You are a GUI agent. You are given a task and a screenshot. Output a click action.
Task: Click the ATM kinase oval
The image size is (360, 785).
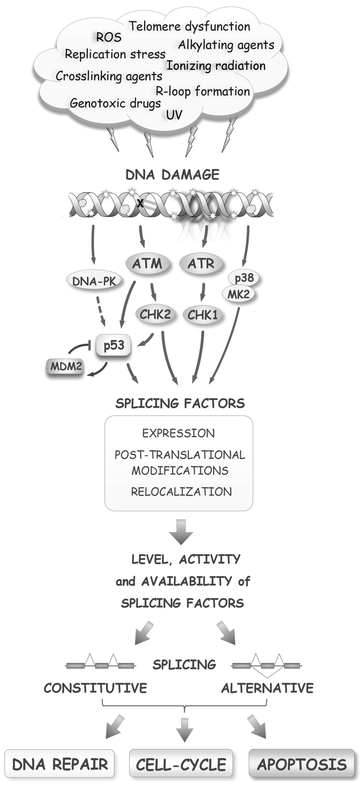[147, 264]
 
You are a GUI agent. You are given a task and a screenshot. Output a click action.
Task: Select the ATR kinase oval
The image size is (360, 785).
[201, 264]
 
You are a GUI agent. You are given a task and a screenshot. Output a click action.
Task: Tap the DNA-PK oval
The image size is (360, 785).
[94, 281]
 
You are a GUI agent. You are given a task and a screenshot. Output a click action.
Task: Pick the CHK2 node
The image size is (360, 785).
[155, 314]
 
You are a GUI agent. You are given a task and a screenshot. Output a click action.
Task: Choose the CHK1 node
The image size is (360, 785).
[202, 315]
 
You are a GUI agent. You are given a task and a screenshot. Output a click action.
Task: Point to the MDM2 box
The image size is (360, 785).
[66, 366]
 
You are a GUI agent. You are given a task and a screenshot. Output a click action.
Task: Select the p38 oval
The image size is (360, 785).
[244, 278]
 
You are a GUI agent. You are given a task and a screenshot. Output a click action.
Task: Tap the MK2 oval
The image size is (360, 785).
[238, 294]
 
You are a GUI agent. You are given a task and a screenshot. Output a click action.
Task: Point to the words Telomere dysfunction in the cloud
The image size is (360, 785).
[189, 26]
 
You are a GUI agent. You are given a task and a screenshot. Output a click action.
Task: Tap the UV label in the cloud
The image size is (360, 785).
[174, 115]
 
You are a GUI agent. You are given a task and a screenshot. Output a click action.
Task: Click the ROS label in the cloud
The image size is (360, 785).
[109, 37]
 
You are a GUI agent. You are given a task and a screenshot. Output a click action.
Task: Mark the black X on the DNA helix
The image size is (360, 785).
[141, 203]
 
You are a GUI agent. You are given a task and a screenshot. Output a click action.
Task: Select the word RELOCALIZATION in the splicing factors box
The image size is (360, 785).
[181, 492]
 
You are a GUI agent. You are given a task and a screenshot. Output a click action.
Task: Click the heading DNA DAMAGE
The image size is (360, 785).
[173, 175]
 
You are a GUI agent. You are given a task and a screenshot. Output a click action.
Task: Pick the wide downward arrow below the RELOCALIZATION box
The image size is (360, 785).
[181, 532]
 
